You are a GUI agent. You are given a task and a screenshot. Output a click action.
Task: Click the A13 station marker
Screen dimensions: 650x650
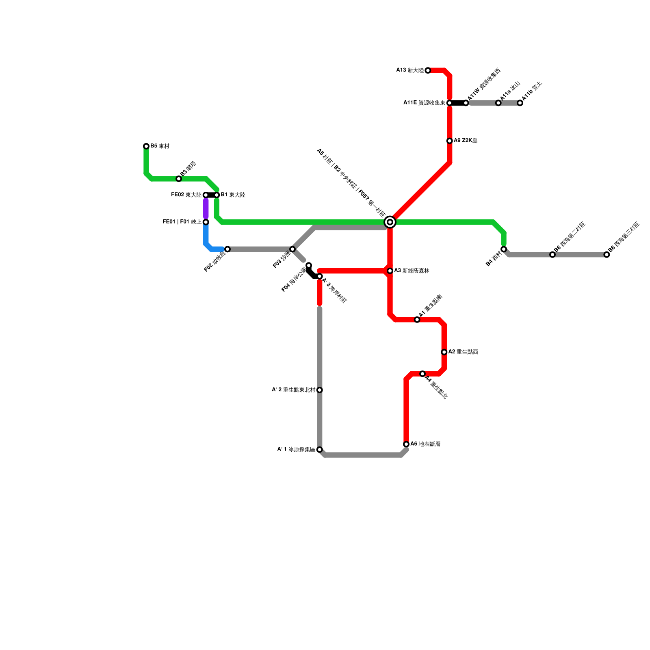coord(428,71)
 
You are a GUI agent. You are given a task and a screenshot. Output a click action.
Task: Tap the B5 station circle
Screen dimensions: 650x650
coord(146,146)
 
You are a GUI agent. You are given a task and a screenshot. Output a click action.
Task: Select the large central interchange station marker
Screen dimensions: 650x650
coord(390,222)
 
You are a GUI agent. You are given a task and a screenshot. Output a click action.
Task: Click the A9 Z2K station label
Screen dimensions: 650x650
coord(466,141)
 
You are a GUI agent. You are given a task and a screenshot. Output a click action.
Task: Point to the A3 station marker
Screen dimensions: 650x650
coord(390,271)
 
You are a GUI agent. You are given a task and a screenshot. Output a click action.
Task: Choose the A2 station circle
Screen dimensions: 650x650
coord(444,352)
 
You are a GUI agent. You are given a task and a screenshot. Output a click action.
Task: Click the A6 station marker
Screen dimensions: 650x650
coord(406,444)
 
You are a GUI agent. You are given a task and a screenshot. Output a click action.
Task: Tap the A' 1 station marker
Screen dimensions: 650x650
coord(320,450)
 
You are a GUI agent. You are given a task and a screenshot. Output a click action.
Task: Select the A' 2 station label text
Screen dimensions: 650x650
coord(293,390)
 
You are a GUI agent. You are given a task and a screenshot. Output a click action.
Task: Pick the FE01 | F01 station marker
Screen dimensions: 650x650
coord(206,222)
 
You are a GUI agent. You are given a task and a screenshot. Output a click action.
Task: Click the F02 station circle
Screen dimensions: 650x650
coord(227,249)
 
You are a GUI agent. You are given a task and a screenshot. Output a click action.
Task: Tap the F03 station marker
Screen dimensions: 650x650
coord(292,249)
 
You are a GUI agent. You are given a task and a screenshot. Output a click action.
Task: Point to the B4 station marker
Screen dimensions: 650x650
coord(504,249)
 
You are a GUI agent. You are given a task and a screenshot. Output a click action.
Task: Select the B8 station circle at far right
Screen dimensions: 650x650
coord(607,255)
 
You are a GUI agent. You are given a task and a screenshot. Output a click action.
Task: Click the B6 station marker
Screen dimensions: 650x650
coord(552,255)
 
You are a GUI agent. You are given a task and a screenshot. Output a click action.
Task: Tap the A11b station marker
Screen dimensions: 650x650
coord(520,103)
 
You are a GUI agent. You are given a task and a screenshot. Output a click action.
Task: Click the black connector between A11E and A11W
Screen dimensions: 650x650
coord(458,103)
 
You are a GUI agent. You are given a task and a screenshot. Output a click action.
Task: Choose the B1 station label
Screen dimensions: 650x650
coord(233,195)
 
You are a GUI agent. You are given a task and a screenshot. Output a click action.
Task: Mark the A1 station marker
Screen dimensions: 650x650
coord(417,320)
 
